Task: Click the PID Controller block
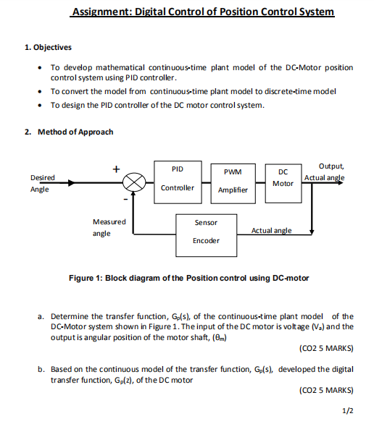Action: (x=177, y=178)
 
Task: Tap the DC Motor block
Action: (x=283, y=178)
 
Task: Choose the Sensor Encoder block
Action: (x=206, y=232)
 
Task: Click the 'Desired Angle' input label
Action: (x=41, y=183)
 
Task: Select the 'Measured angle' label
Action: (x=109, y=227)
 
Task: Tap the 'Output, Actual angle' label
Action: (x=325, y=172)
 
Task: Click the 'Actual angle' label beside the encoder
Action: (x=271, y=230)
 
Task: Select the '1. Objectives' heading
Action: (x=47, y=48)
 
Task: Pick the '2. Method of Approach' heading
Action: (x=67, y=132)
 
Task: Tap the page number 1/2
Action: (x=346, y=411)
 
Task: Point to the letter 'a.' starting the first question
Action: (x=43, y=316)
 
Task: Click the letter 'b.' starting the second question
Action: (x=43, y=369)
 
